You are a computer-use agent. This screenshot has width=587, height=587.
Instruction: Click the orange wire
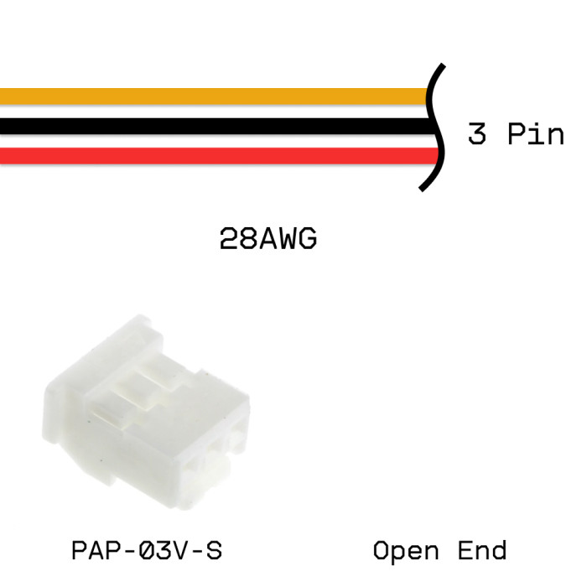coord(210,96)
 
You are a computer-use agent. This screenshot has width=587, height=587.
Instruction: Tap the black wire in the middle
coord(210,127)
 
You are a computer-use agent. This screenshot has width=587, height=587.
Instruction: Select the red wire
coord(210,156)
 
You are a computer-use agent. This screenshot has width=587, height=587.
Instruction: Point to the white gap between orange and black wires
coord(210,112)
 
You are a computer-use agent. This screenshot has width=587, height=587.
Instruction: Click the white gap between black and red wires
coord(210,142)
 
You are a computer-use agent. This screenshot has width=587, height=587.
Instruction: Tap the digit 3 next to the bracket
coord(476,133)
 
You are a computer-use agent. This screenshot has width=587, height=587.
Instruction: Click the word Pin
coord(537,133)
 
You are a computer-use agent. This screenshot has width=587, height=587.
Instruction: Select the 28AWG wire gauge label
coord(268,240)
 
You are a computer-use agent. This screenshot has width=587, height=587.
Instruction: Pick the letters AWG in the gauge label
coord(287,240)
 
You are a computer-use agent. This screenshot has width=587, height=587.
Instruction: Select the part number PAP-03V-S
coord(147,551)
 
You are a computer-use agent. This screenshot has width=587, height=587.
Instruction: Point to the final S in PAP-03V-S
coord(214,551)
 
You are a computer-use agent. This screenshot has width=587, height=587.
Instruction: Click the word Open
coord(406,551)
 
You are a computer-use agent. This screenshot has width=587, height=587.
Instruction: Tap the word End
coord(482,551)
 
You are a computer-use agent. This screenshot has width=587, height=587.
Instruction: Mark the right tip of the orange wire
coord(427,96)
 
